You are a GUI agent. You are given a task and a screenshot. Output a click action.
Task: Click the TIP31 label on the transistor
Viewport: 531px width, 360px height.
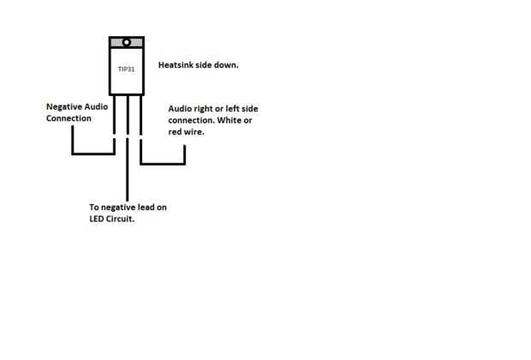pos(126,68)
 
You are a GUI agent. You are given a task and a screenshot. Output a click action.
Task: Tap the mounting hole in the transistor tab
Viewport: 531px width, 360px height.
pos(126,42)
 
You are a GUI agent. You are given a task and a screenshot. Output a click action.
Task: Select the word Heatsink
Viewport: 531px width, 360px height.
pos(178,65)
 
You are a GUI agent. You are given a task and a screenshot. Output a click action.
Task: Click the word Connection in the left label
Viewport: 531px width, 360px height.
pos(69,118)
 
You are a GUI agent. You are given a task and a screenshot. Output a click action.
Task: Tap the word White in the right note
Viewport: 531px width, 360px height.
pos(234,122)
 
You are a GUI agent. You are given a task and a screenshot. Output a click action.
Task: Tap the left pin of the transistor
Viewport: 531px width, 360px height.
pos(114,120)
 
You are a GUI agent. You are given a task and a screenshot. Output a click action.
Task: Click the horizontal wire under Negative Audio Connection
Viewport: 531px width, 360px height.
pos(92,153)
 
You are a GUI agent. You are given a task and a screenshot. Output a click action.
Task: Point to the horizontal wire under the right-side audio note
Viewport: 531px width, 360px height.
pos(163,163)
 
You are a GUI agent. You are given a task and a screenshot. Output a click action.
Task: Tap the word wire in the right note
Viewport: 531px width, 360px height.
pos(194,133)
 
